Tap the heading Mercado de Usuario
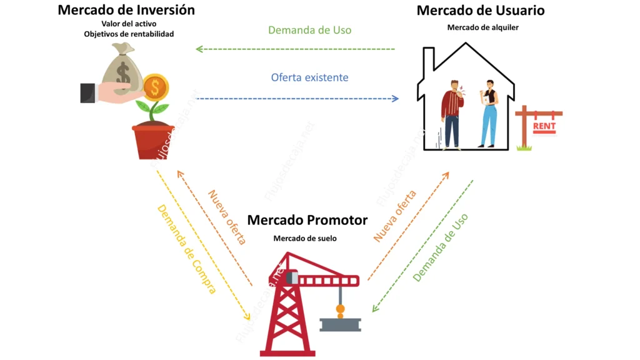(x=480, y=10)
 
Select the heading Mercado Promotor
(x=307, y=220)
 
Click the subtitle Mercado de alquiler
(x=483, y=27)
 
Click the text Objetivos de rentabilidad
(x=129, y=34)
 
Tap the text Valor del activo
(x=129, y=24)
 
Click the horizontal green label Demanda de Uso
(x=309, y=30)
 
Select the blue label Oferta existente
(x=309, y=77)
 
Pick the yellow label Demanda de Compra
(x=186, y=249)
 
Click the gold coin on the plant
(x=155, y=87)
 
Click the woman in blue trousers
(x=488, y=112)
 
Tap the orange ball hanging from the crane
(x=340, y=308)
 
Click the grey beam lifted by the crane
(x=340, y=324)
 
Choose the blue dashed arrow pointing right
(x=297, y=99)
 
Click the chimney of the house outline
(x=429, y=60)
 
